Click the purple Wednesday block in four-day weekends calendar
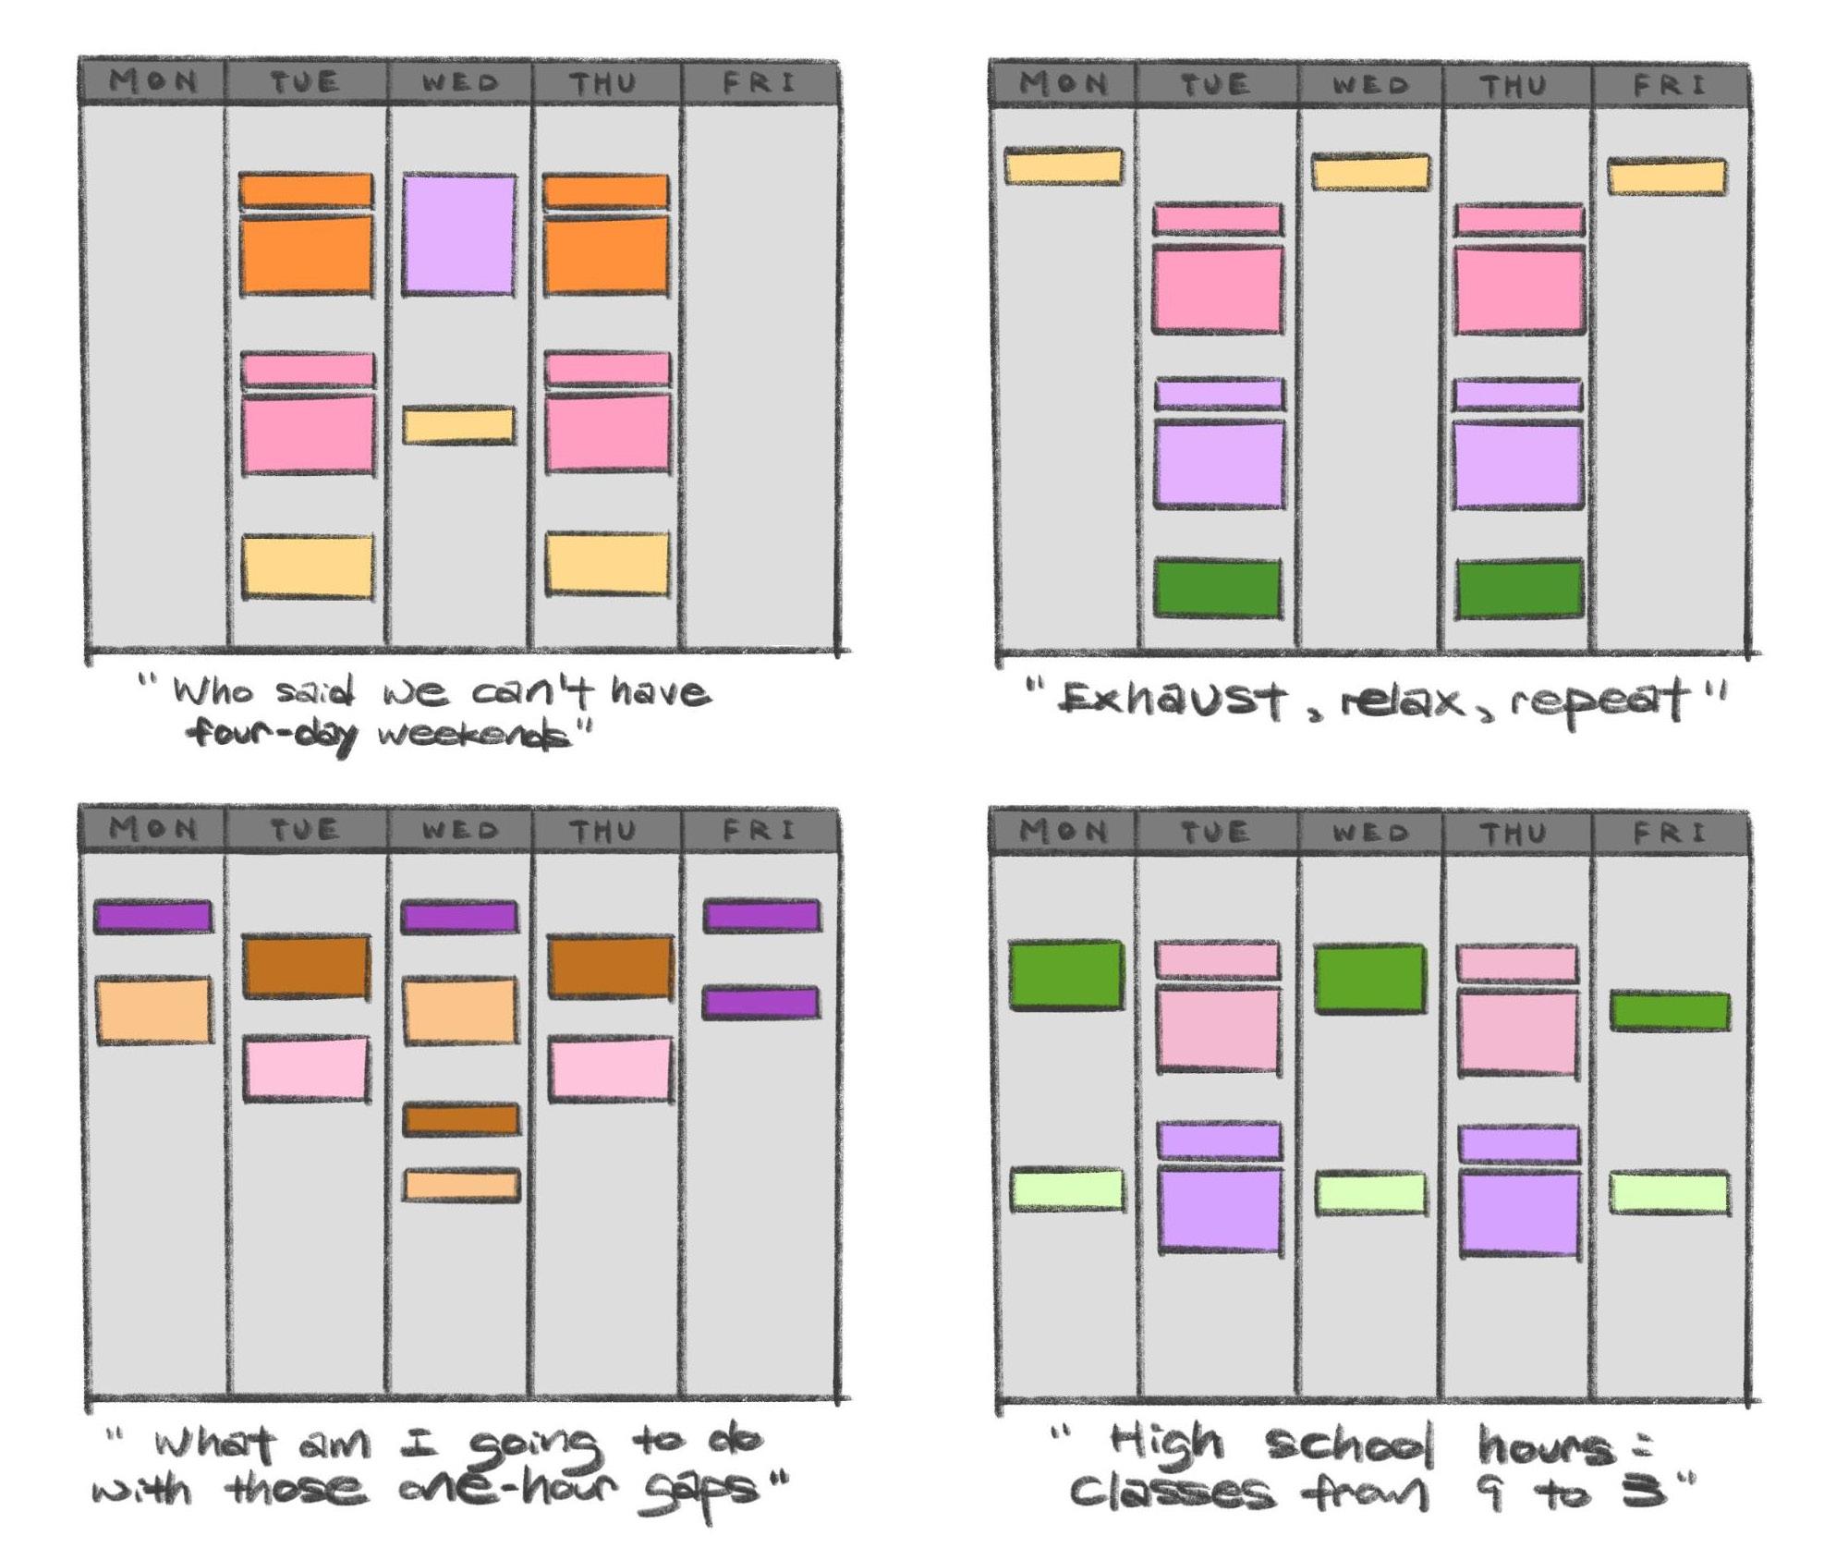click(x=458, y=235)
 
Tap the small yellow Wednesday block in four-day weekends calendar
click(x=458, y=425)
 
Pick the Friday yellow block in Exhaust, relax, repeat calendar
click(x=1666, y=177)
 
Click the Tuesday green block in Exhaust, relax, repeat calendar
click(x=1217, y=589)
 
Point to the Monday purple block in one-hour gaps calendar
click(x=153, y=917)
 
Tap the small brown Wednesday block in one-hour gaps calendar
click(x=460, y=1120)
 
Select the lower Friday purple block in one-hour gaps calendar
click(x=760, y=1004)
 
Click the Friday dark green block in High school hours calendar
click(x=1669, y=1011)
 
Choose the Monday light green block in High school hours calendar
click(x=1066, y=1190)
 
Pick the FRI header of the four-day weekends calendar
click(x=759, y=83)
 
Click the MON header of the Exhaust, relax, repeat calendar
click(x=1063, y=85)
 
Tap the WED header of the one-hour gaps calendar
click(x=459, y=830)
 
